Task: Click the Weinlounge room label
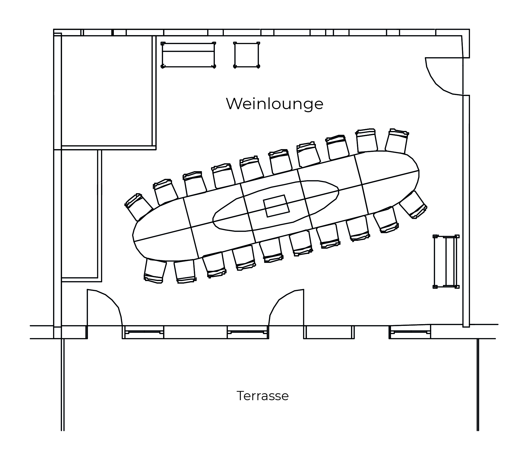(x=275, y=104)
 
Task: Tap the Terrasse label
(x=263, y=396)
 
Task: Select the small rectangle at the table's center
(x=276, y=206)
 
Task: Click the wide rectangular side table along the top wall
(x=188, y=55)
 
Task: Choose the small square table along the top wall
(x=247, y=55)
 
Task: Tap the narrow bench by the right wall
(x=446, y=262)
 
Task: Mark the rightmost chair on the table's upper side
(x=397, y=141)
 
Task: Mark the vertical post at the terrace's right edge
(x=478, y=385)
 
